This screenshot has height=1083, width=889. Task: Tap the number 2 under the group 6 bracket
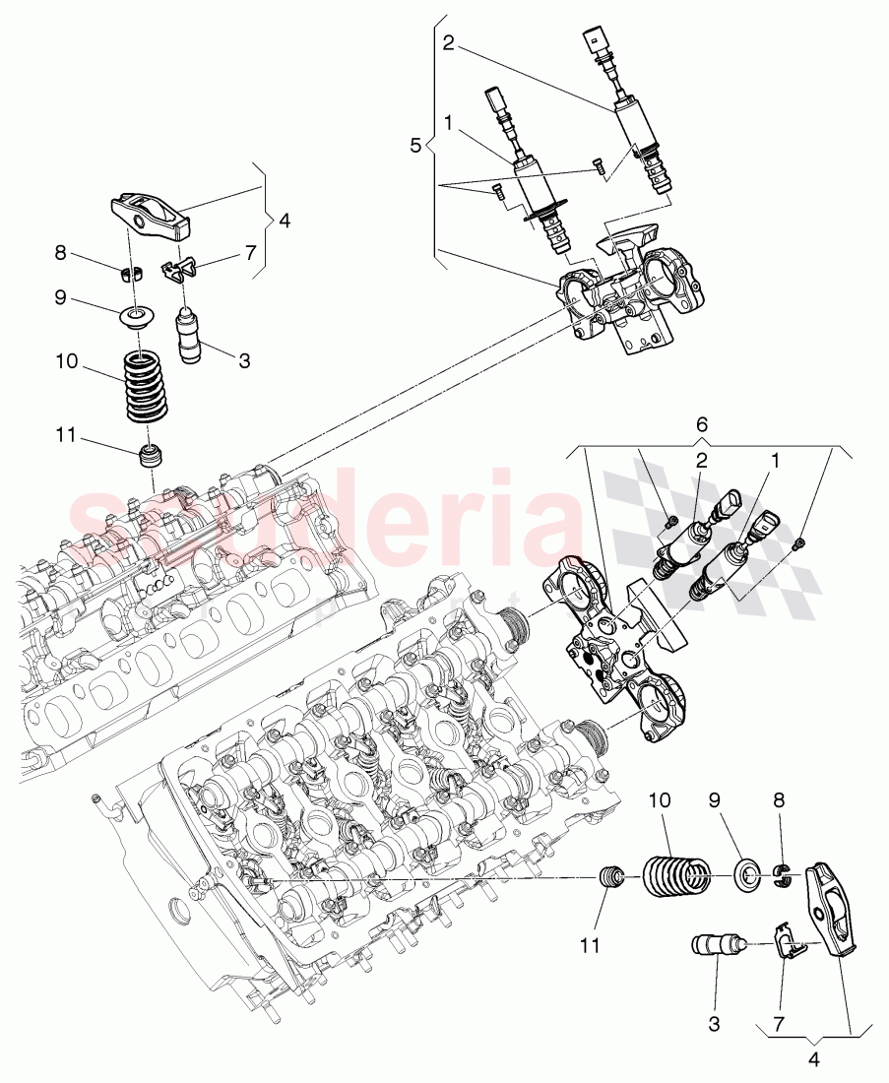click(700, 461)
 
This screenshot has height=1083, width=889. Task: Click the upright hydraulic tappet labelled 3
click(186, 336)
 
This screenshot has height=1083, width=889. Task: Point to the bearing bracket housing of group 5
click(630, 305)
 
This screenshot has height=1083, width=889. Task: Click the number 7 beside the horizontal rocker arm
click(250, 253)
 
